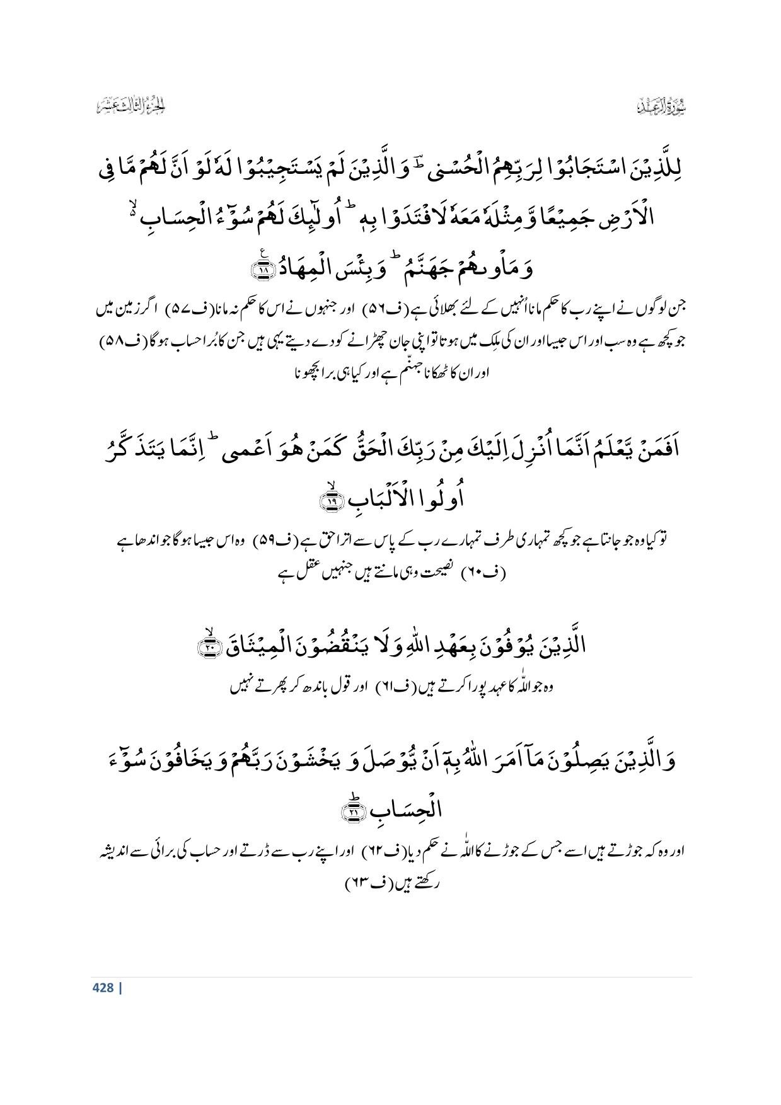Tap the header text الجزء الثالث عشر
pyautogui.click(x=131, y=106)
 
